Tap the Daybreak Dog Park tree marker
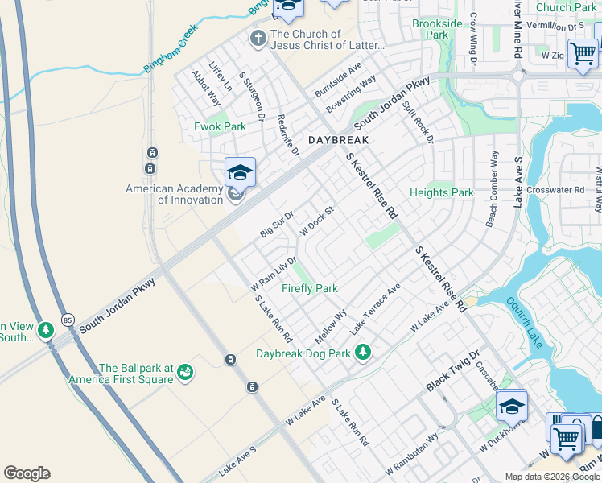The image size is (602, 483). pyautogui.click(x=363, y=352)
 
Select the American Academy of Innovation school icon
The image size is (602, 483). pyautogui.click(x=240, y=172)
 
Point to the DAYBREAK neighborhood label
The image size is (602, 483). pyautogui.click(x=338, y=140)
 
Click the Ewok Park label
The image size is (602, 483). pyautogui.click(x=220, y=126)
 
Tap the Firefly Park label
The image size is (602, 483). pyautogui.click(x=309, y=288)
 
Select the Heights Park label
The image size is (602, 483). pyautogui.click(x=441, y=192)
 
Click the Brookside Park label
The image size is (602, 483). pyautogui.click(x=436, y=30)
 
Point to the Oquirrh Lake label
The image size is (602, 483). pyautogui.click(x=527, y=323)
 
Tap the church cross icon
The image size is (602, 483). pyautogui.click(x=258, y=38)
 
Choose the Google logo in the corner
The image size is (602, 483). pyautogui.click(x=27, y=473)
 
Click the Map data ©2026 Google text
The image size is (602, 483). pyautogui.click(x=552, y=477)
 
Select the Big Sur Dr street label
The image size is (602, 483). pyautogui.click(x=277, y=225)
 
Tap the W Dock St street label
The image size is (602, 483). pyautogui.click(x=316, y=222)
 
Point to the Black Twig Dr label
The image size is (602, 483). pyautogui.click(x=452, y=371)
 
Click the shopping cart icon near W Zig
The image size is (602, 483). pyautogui.click(x=582, y=54)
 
